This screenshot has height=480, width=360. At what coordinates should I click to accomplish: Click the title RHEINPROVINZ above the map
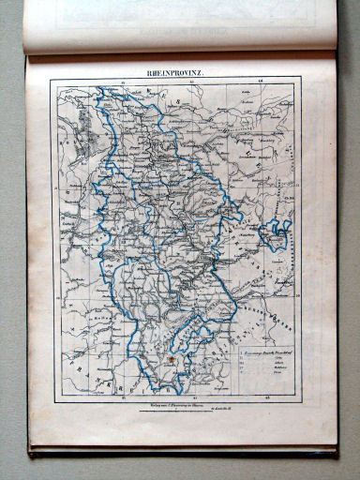click(x=178, y=72)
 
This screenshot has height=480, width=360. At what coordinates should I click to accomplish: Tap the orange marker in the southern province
click(x=171, y=358)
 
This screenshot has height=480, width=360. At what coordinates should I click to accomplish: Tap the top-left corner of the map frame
click(x=53, y=82)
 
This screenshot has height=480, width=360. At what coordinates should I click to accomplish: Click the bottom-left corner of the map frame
click(x=53, y=401)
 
